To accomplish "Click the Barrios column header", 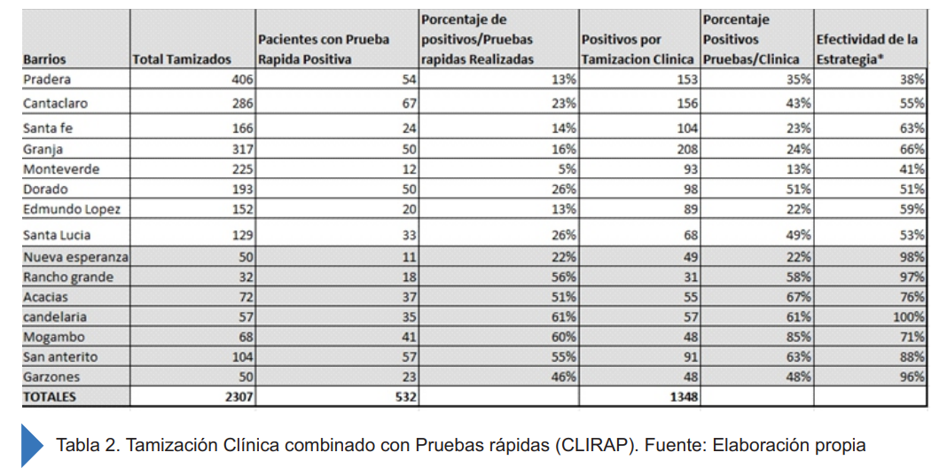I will [44, 59].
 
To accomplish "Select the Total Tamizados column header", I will [181, 59].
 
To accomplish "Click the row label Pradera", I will [47, 79].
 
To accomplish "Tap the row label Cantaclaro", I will [55, 103].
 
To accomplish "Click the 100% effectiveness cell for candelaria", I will [909, 316].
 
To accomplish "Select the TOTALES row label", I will [50, 397].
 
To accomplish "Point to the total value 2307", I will [239, 397].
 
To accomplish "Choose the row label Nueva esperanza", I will [75, 257].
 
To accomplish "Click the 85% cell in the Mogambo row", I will [798, 337].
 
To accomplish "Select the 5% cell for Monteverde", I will [567, 168].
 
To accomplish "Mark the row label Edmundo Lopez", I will [71, 209].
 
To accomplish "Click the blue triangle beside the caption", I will [32, 445].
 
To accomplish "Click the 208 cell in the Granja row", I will [685, 149].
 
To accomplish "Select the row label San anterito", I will [60, 356].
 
